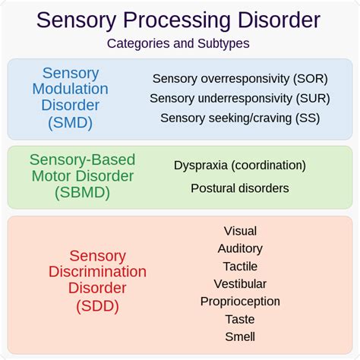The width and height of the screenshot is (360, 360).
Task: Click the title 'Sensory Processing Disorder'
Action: [178, 20]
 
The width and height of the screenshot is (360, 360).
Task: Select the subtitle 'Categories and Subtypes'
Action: [178, 44]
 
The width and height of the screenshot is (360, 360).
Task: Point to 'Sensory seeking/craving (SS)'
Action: [240, 118]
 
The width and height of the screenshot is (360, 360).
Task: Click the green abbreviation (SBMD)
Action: [82, 193]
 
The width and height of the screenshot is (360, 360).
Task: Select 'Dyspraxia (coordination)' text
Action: [240, 165]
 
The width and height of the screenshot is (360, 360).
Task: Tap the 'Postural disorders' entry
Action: [240, 188]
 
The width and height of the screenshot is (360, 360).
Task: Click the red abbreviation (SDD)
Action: [97, 305]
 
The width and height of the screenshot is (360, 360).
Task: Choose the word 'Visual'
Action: [240, 231]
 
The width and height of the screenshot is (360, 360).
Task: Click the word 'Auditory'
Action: [240, 248]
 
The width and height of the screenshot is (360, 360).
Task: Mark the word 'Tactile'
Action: [240, 267]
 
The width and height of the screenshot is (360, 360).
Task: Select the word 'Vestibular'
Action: [240, 284]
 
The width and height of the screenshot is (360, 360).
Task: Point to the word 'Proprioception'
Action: [240, 302]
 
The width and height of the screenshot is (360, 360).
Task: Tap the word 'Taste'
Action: [240, 319]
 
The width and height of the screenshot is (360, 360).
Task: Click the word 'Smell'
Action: [240, 336]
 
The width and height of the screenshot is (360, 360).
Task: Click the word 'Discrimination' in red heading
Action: [97, 272]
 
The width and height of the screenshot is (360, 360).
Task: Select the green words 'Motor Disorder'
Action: [82, 176]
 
